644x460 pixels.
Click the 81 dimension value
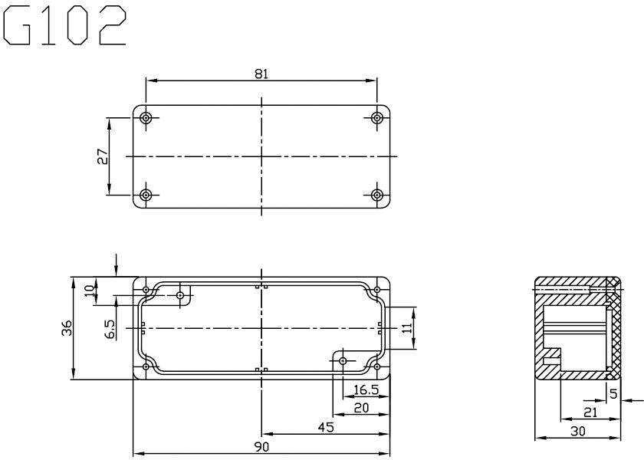[x=261, y=74]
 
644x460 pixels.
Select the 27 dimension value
[x=103, y=156]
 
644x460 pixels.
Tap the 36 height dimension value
[x=67, y=328]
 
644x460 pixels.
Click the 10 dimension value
[x=89, y=291]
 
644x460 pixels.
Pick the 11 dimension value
[x=406, y=328]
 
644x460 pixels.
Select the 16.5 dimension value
[x=366, y=389]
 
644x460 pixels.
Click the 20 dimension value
[x=361, y=408]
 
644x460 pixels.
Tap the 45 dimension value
[x=326, y=427]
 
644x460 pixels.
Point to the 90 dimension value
[x=261, y=446]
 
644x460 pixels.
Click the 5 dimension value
[x=613, y=394]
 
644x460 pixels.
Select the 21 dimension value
[x=590, y=412]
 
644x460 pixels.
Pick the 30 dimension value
[x=578, y=431]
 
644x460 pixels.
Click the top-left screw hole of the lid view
[x=146, y=118]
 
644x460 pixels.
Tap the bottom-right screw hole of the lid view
[x=376, y=195]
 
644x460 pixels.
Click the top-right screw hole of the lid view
[x=376, y=118]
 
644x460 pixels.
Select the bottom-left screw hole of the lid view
[x=146, y=195]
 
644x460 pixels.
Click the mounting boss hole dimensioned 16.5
[x=343, y=361]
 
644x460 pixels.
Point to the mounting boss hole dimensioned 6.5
[x=180, y=295]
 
